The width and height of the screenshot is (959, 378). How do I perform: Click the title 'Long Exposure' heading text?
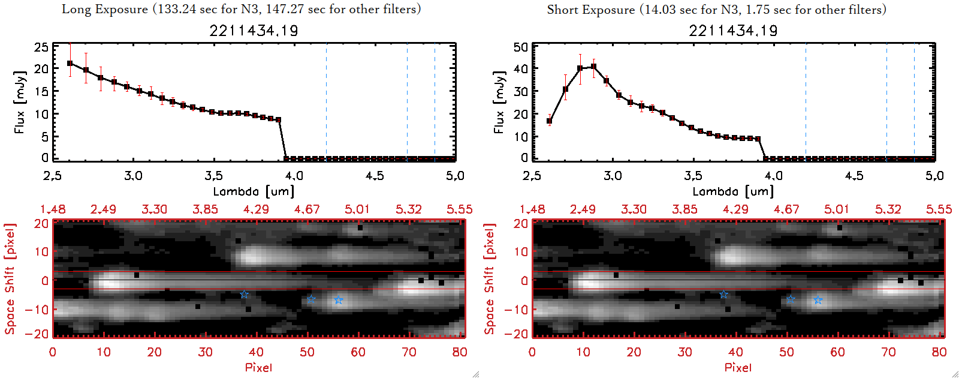105,9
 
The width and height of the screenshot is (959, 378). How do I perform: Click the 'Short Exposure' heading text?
590,10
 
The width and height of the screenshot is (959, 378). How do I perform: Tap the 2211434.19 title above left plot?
254,31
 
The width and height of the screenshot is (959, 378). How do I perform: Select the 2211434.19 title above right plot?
733,31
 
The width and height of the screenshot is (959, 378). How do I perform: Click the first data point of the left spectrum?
70,63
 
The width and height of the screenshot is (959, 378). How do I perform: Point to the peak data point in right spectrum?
593,67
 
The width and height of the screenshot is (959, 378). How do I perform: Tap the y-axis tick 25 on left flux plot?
41,47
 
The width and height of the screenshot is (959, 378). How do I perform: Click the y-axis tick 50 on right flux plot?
521,47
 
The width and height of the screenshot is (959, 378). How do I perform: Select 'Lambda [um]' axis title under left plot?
254,191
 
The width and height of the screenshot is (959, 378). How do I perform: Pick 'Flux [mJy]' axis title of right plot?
499,102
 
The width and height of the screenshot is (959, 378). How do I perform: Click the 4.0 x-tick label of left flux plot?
294,176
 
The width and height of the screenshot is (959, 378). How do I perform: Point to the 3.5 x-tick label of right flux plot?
693,176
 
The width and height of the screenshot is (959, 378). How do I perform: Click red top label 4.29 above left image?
256,209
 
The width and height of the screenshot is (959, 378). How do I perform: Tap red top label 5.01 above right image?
837,209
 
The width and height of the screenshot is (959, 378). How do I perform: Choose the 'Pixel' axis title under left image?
258,367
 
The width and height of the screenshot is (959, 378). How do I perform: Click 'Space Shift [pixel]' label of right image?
490,279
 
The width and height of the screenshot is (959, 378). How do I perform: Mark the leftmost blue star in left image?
244,294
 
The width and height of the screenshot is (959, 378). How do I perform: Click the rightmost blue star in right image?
818,300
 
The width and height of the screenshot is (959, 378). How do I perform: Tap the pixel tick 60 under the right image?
837,352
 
